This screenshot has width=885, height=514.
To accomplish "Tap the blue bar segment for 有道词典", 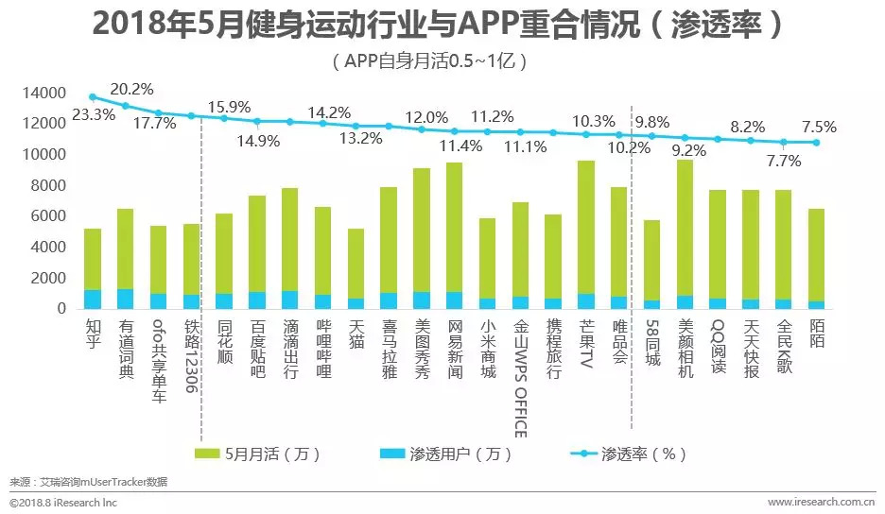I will [x=126, y=299].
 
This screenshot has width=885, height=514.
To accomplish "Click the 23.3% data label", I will [x=94, y=115].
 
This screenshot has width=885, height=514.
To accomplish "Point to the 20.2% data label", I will [x=131, y=90].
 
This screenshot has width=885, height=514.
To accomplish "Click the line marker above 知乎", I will [x=93, y=96].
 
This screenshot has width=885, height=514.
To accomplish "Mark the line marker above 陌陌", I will [x=817, y=143].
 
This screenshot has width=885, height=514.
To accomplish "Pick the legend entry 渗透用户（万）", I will [x=453, y=454].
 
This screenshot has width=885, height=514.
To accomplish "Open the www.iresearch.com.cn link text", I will [x=819, y=502].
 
